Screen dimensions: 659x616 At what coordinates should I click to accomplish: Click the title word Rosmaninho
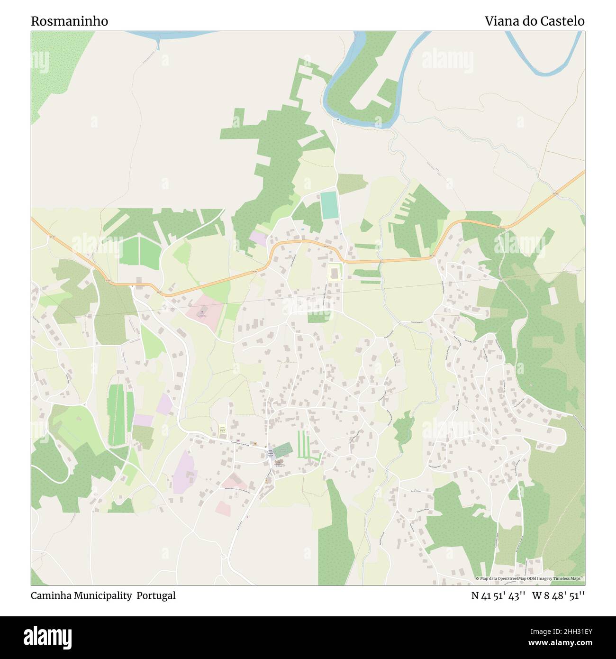tap(70, 21)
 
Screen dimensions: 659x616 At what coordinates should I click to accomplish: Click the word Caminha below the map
tap(51, 595)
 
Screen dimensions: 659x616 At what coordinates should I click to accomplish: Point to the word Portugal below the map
tap(156, 595)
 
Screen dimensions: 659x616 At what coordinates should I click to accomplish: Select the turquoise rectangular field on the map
tap(329, 205)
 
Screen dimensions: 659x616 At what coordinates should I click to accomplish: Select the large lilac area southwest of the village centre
tap(184, 472)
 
